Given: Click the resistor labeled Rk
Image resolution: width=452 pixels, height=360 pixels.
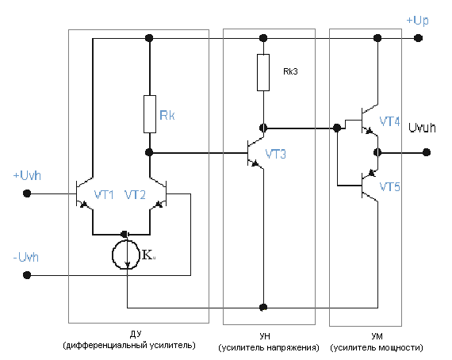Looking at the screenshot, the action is (150, 114).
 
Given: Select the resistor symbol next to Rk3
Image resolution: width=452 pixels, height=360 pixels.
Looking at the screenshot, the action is (263, 72).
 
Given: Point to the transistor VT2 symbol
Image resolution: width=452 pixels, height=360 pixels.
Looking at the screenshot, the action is (159, 193).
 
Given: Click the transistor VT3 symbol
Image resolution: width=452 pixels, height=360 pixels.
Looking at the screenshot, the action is (255, 153).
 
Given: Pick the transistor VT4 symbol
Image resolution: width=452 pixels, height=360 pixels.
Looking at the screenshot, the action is (370, 121).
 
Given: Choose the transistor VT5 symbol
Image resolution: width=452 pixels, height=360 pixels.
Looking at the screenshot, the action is (370, 186).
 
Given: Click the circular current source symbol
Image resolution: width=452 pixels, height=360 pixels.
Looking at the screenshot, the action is (125, 255).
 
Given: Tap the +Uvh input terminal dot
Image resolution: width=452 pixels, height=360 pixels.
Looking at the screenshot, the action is (27, 193).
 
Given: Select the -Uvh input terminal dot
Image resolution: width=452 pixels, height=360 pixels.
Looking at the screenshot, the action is (27, 275).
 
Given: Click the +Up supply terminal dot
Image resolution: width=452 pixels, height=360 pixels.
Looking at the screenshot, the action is (418, 38).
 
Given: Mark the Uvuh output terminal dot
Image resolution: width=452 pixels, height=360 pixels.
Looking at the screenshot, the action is (427, 152).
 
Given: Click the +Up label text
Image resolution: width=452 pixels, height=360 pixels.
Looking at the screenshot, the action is (417, 21).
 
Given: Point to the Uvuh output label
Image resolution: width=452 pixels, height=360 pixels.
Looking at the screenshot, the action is (422, 128).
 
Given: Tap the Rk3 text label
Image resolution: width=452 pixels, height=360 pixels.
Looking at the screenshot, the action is (290, 71).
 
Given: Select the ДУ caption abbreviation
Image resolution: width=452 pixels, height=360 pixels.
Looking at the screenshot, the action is (136, 334).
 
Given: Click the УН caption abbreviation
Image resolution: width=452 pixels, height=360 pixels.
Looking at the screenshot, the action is (265, 336).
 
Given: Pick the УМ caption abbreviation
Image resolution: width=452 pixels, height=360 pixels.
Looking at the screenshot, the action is (377, 336).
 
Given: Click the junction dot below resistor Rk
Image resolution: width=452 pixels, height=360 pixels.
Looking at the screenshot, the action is (149, 152).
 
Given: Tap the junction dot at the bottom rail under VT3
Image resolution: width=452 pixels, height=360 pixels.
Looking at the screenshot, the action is (263, 307).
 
